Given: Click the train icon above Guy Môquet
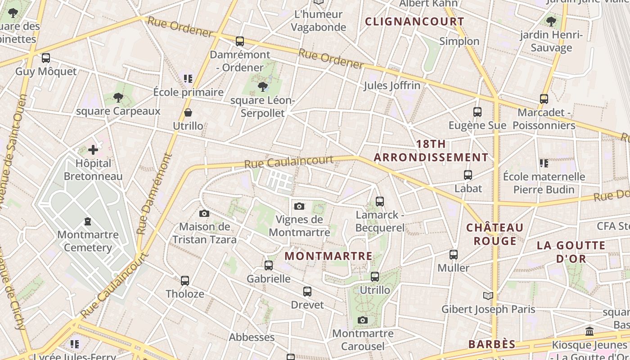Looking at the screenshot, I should point(46,58).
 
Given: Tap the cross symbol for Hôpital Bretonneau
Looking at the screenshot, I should point(93,149).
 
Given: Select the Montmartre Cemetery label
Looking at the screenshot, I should point(88,241).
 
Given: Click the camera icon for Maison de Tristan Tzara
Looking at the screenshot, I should point(204,213).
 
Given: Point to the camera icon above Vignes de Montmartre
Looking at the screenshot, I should point(299,206).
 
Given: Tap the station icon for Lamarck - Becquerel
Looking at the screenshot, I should point(380,201).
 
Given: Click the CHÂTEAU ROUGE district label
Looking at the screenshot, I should point(495,234).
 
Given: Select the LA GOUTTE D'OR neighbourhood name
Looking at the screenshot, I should point(571,252).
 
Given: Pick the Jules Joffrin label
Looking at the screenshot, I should point(392,85).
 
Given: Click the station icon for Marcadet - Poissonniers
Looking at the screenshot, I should point(544,99).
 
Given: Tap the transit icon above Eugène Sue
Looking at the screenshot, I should point(477,112).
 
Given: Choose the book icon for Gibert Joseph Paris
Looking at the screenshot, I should point(488,296).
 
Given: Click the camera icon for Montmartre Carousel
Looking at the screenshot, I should point(363,320).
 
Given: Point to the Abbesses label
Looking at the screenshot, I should point(252,337).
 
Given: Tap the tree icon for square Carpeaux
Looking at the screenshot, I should point(118,97).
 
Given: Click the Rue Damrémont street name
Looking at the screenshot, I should point(154,193).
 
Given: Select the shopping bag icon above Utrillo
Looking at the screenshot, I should point(188,112).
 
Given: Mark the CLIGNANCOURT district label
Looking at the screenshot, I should point(414,22).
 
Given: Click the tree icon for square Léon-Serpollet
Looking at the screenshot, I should point(263,86).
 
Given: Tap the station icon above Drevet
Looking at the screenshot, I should point(307,292).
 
